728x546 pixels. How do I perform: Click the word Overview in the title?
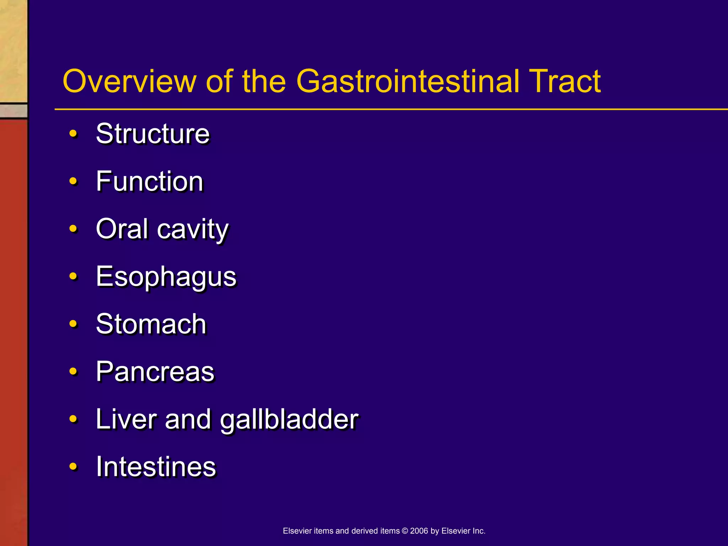129,81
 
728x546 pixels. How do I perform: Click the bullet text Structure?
153,134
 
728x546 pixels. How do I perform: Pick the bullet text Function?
150,181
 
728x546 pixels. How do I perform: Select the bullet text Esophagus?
166,277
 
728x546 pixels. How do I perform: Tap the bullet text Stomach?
151,324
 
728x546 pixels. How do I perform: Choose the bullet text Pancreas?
155,371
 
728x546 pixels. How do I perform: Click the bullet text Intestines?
156,466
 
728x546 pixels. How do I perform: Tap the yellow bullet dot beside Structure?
73,134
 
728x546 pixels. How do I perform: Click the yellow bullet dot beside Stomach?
73,324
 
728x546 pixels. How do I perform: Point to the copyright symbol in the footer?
405,531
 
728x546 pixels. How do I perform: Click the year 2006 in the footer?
419,531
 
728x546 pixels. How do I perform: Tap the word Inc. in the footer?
479,531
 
